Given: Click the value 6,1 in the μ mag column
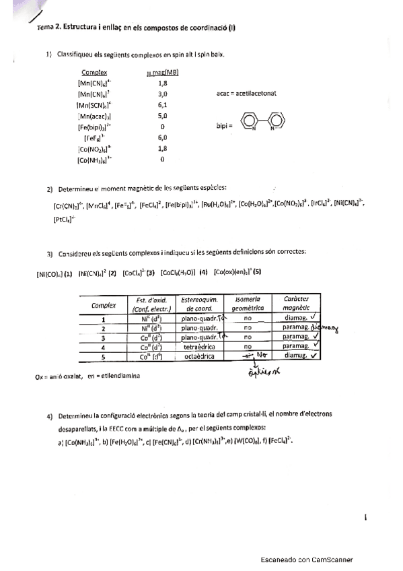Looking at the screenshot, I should click(162, 105).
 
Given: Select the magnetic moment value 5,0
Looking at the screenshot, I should click(162, 116).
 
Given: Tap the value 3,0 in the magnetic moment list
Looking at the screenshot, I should click(162, 94).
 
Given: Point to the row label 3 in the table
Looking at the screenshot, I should click(104, 337).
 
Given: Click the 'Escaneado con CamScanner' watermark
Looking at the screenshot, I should click(306, 560).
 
